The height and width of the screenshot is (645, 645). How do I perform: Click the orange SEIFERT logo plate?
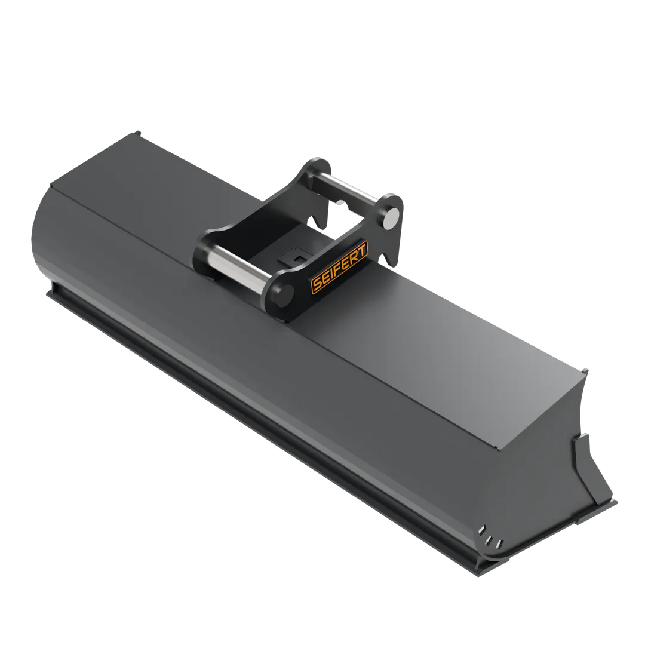340,266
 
